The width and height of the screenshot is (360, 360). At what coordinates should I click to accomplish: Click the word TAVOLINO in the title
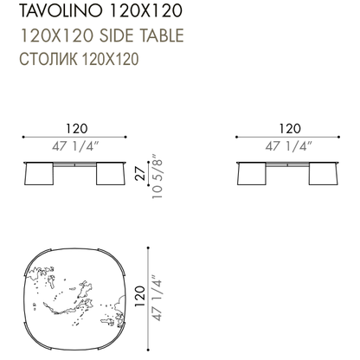click(61, 10)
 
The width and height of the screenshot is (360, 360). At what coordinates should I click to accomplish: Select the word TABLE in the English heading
click(162, 35)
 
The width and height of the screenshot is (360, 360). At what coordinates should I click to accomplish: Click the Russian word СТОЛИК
click(48, 59)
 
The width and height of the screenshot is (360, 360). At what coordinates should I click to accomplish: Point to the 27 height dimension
click(141, 173)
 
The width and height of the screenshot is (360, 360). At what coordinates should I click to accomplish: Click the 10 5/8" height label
click(157, 179)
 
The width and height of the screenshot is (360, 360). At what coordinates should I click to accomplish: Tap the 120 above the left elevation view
click(77, 129)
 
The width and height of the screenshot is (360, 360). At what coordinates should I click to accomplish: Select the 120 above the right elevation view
click(290, 129)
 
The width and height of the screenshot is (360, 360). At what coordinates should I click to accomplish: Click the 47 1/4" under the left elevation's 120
click(75, 146)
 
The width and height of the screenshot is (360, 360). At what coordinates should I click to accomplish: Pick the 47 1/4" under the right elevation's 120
click(289, 146)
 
